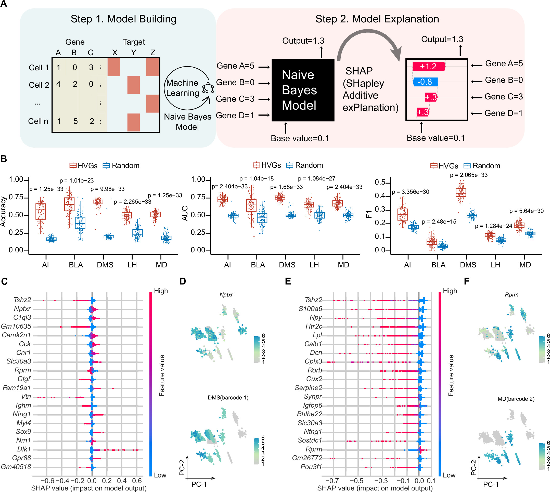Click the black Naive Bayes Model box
coord(303,90)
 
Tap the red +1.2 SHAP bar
coord(428,66)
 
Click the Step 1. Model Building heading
coord(124,19)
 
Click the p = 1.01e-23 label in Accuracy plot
coord(76,180)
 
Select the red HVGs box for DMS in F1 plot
coord(461,192)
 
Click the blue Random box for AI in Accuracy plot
coord(51,239)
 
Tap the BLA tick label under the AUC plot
coord(258,265)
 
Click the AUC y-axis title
coord(185,213)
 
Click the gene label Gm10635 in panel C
coord(16,326)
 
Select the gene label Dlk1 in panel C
coord(24,449)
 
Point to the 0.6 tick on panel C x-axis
coord(137,481)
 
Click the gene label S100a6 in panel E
coord(310,309)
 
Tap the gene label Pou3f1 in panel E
coord(311,467)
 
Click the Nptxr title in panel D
coord(226,295)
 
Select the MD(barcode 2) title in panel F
coord(516,399)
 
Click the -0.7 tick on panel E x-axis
coord(332,481)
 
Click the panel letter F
coord(466,281)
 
